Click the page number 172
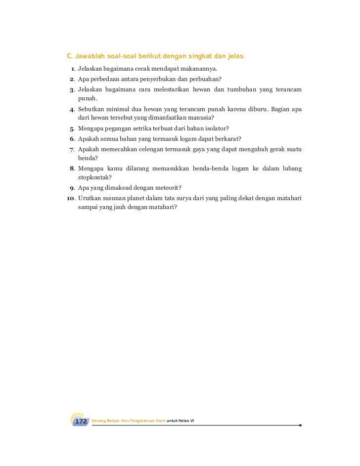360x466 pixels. point(81,421)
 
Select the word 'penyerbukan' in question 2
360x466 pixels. point(151,79)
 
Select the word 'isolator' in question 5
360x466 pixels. point(214,129)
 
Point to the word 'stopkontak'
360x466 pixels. point(93,177)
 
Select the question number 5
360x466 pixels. point(72,129)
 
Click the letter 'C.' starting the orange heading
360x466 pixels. point(70,56)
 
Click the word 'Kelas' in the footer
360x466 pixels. point(185,421)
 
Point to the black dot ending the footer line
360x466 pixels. point(300,424)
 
